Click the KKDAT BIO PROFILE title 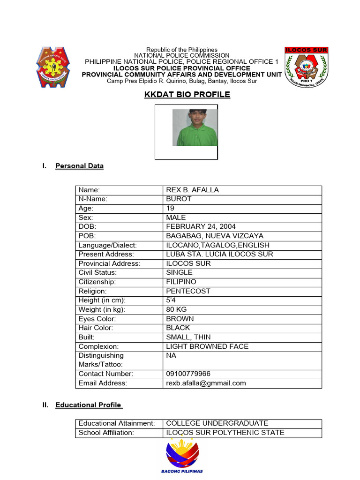(x=187, y=95)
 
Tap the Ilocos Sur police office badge (x=306, y=67)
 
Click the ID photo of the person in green (x=195, y=127)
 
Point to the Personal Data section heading (x=79, y=166)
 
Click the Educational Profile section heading (x=89, y=405)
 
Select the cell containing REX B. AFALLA (x=193, y=190)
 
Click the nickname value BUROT (x=179, y=199)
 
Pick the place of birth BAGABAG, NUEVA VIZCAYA (x=215, y=236)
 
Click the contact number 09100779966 (x=188, y=374)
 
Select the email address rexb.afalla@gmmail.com (x=206, y=383)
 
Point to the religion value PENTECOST (x=188, y=291)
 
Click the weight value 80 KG (x=177, y=309)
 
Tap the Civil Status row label (x=97, y=273)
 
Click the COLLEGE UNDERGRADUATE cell (x=217, y=423)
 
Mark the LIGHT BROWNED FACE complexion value (x=207, y=346)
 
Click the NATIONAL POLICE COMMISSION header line (x=182, y=55)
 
